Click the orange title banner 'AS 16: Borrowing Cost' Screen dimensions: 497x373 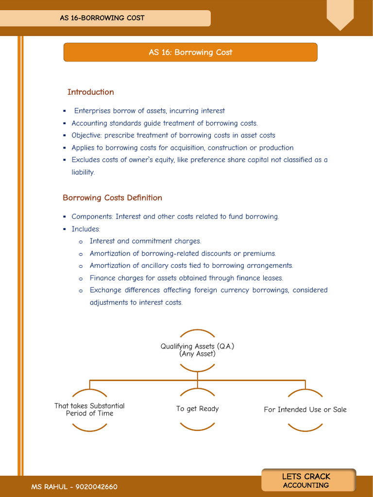click(190, 52)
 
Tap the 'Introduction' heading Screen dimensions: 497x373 click(90, 92)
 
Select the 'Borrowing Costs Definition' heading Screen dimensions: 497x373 click(112, 198)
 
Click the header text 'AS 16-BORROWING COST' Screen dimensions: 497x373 click(102, 18)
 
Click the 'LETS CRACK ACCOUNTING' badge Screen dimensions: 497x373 click(306, 480)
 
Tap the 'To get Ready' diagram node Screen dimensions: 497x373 click(197, 409)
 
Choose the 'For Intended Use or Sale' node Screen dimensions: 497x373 click(305, 410)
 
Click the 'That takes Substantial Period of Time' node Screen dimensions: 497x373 click(89, 410)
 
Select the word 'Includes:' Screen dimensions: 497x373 click(85, 229)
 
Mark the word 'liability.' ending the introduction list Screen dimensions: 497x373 click(83, 172)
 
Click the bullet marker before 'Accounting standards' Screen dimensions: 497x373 click(64, 123)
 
